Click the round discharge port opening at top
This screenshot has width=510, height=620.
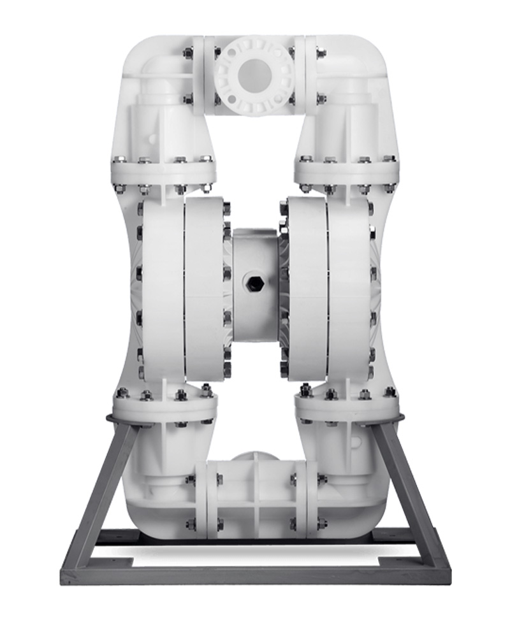(255, 75)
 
